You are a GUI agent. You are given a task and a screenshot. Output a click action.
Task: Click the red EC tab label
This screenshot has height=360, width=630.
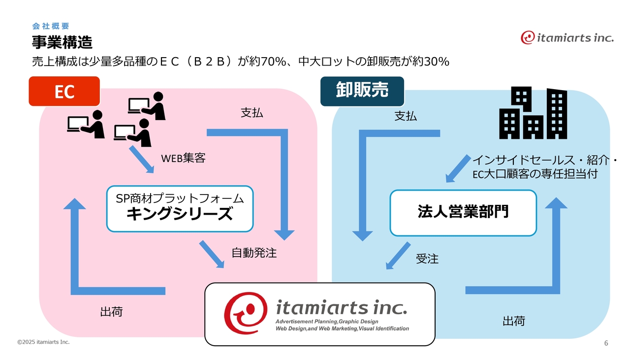[x=64, y=91]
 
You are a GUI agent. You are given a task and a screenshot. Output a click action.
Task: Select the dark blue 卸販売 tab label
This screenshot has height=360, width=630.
[x=362, y=91]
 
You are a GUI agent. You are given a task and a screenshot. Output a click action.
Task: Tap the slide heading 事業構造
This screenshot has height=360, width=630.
[x=62, y=42]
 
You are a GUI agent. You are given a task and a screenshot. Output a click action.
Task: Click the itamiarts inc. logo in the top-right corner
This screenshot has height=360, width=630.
[x=567, y=37]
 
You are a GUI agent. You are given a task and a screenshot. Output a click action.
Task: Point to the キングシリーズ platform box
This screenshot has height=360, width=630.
[x=180, y=208]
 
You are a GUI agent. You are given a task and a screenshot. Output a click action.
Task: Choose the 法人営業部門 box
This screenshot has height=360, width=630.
[x=463, y=213]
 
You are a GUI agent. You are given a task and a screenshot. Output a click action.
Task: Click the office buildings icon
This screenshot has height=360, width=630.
[x=533, y=114]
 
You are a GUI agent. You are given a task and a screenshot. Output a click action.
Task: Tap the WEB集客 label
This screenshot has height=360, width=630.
[x=183, y=158]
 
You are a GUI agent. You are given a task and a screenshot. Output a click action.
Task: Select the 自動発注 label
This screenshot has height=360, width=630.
[x=254, y=253]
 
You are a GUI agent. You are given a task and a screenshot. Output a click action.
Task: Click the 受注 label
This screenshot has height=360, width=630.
[x=427, y=259]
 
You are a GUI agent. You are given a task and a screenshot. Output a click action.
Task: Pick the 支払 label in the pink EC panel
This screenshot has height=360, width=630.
[x=252, y=113]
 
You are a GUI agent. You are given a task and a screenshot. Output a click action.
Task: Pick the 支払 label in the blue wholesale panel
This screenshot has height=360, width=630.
[x=406, y=116]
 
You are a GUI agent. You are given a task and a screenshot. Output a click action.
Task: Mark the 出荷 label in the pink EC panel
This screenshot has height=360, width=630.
[x=111, y=312]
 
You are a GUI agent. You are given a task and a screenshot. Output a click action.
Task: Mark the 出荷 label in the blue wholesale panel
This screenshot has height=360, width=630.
[x=513, y=322]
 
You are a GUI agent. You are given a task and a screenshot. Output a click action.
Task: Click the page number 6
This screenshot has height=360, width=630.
[x=606, y=343]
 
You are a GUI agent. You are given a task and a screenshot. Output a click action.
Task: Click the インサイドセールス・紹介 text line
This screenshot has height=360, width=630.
[x=545, y=161]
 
